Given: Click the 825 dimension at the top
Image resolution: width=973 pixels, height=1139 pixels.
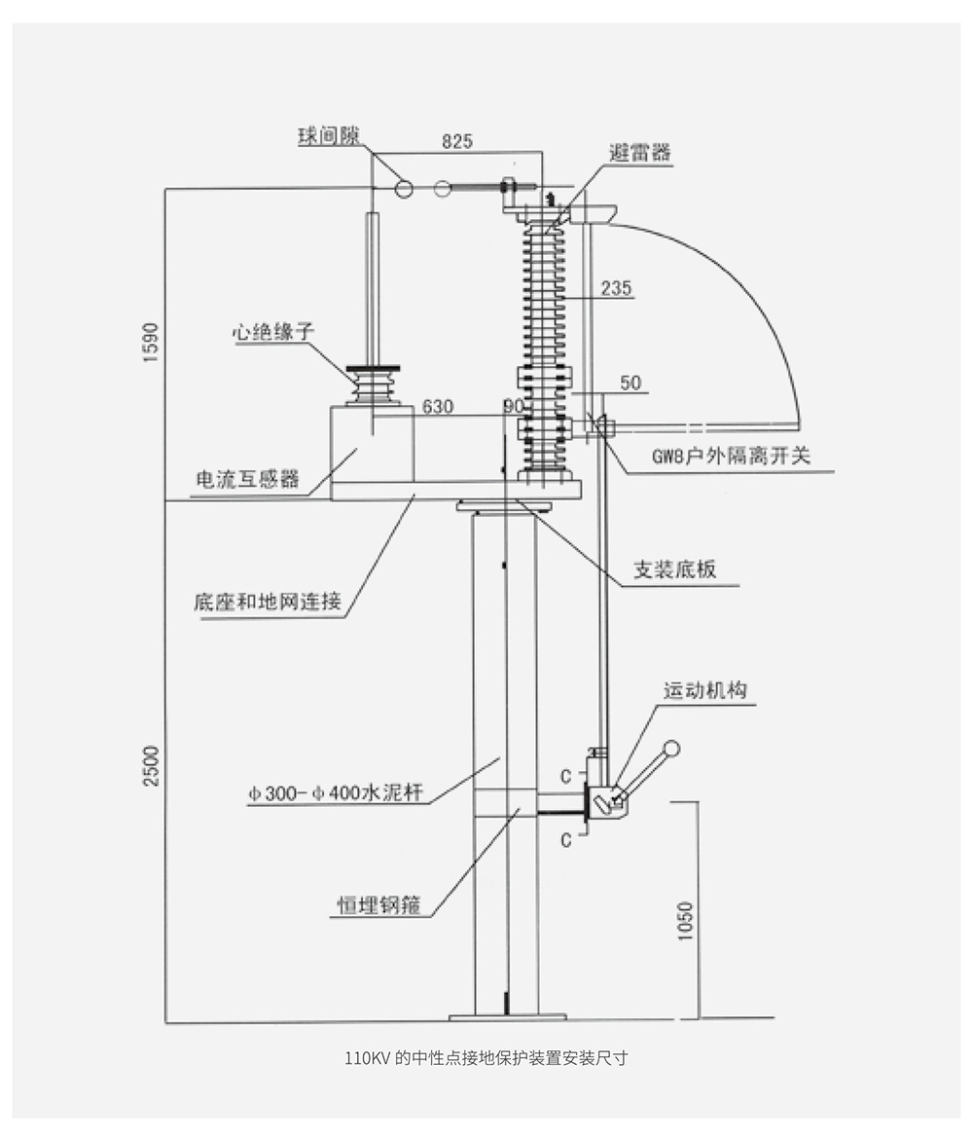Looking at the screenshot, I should pyautogui.click(x=457, y=141).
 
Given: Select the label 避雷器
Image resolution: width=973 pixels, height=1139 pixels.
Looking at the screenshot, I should pyautogui.click(x=640, y=153).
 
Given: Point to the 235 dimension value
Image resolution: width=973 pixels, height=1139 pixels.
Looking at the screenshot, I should pyautogui.click(x=617, y=288).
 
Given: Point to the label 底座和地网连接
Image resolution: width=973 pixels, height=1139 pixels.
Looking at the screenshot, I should pyautogui.click(x=268, y=603).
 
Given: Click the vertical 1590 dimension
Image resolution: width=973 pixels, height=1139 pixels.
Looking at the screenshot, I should pyautogui.click(x=150, y=341).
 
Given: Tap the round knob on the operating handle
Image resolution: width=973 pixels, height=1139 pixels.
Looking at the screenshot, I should pyautogui.click(x=669, y=749).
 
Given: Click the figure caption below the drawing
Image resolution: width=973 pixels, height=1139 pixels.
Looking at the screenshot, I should pyautogui.click(x=486, y=1058).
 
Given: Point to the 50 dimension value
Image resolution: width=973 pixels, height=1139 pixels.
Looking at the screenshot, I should pyautogui.click(x=631, y=384).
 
